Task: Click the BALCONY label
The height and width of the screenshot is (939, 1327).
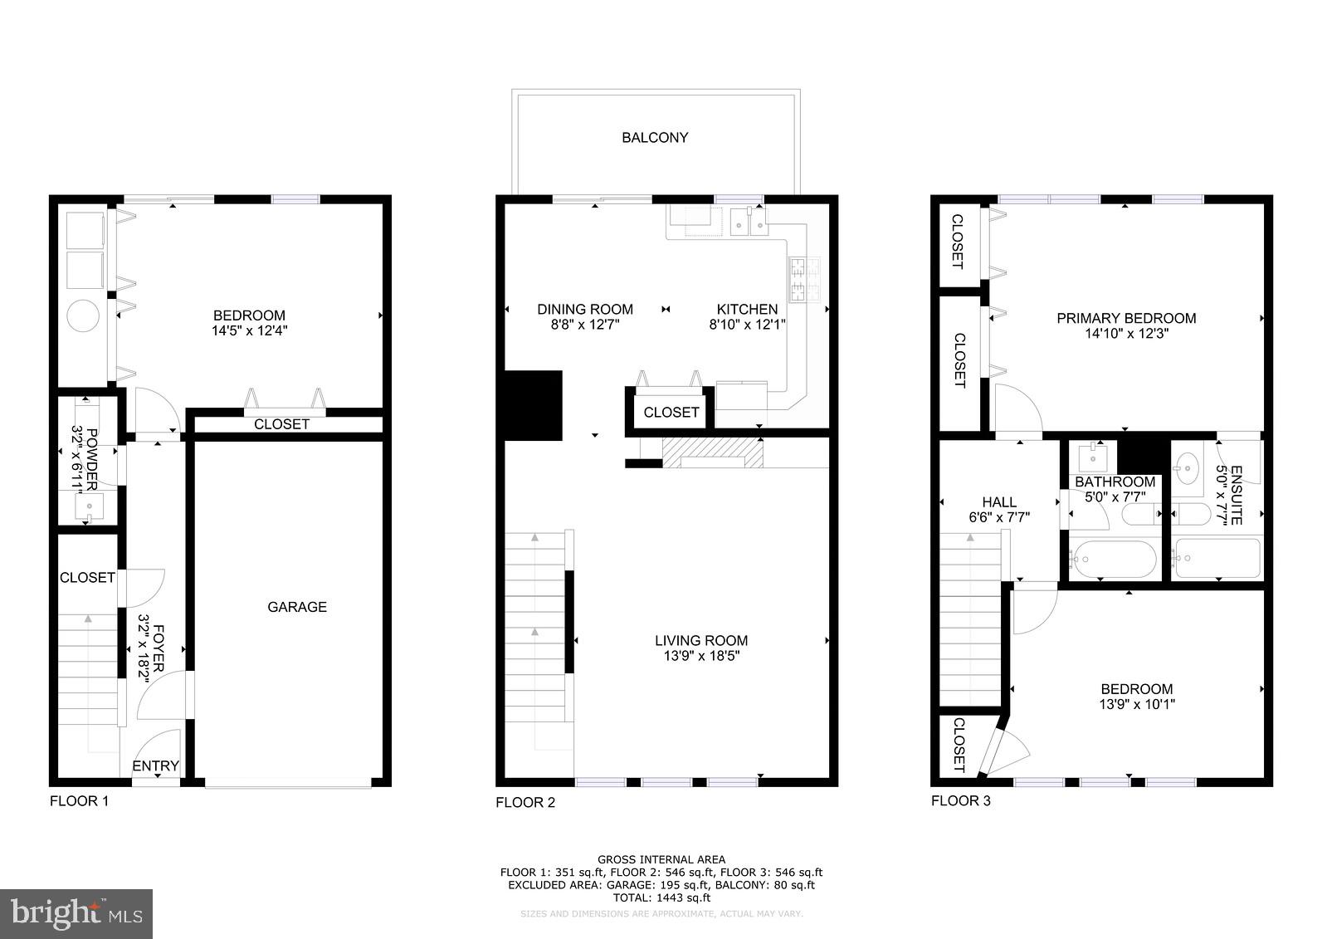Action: pyautogui.click(x=655, y=138)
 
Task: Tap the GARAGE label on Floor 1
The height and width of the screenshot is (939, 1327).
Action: pyautogui.click(x=296, y=607)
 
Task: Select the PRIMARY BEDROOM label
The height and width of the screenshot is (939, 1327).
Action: pyautogui.click(x=1125, y=318)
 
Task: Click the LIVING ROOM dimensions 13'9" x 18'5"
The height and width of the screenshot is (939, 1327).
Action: pyautogui.click(x=701, y=656)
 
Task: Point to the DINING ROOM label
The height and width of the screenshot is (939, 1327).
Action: pyautogui.click(x=584, y=310)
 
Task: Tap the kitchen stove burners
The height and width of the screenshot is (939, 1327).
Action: pyautogui.click(x=804, y=279)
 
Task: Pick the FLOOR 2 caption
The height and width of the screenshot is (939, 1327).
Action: pyautogui.click(x=524, y=803)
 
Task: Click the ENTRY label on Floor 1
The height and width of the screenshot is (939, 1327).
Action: pyautogui.click(x=155, y=765)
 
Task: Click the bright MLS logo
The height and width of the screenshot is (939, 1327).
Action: pyautogui.click(x=76, y=914)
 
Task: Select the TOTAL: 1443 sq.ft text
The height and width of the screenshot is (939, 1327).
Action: pyautogui.click(x=661, y=897)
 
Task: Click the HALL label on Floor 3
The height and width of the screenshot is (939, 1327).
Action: pyautogui.click(x=998, y=502)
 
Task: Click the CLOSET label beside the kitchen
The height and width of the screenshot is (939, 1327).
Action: pyautogui.click(x=671, y=413)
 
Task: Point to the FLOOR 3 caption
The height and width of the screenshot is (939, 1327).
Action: pyautogui.click(x=960, y=801)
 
